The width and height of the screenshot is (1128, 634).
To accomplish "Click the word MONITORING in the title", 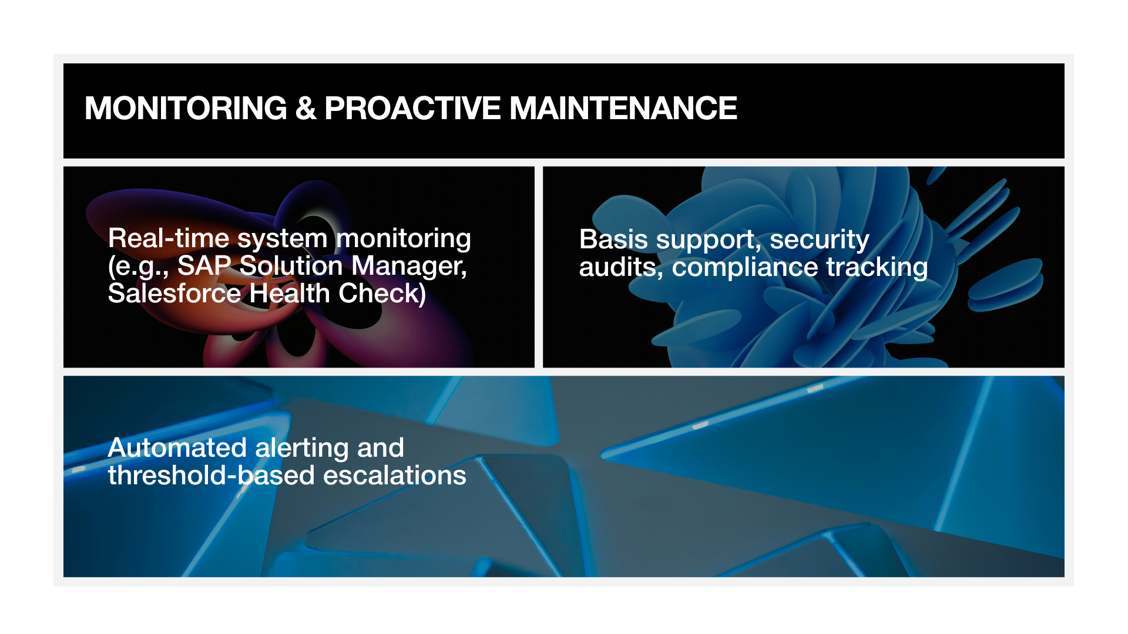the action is pos(186,109).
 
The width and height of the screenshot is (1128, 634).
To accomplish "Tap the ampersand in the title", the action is pos(306,109).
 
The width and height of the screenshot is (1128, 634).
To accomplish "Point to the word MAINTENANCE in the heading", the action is pos(623,109).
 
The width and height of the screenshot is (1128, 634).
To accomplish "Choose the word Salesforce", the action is pos(174,294).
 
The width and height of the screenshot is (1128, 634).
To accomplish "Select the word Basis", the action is pos(614,240).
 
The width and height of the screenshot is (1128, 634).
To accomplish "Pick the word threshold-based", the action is pos(211,475).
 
